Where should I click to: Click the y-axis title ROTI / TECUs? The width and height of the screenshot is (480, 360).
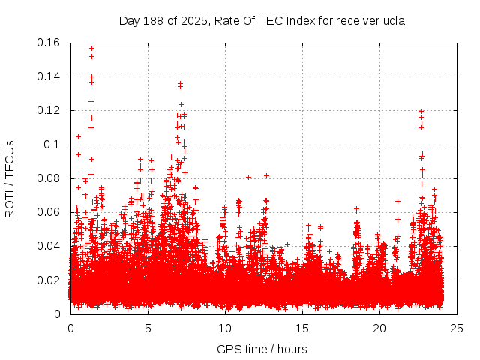[10, 178]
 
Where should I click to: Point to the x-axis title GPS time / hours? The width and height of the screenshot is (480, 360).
[262, 349]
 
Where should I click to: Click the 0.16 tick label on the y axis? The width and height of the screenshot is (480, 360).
[49, 43]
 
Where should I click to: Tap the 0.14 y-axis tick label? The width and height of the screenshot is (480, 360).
[49, 76]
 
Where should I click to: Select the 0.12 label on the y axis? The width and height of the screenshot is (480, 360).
[49, 110]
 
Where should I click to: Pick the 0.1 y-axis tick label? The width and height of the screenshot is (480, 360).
[53, 145]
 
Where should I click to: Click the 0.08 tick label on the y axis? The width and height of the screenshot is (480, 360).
[49, 178]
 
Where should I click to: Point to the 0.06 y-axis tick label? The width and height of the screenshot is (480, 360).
[49, 212]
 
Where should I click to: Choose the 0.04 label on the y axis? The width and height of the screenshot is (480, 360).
[49, 246]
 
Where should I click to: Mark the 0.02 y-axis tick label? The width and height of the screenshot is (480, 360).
[49, 280]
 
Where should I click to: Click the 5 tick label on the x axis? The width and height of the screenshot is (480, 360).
[148, 328]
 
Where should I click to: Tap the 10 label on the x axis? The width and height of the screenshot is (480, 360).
[225, 328]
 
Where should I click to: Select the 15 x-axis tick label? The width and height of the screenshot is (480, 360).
[302, 328]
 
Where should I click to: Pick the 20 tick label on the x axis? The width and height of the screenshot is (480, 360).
[379, 328]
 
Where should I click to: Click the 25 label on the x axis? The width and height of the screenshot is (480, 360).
[457, 328]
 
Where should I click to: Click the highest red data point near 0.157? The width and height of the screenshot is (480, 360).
[91, 48]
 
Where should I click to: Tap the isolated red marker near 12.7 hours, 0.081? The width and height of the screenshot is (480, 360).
[266, 176]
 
